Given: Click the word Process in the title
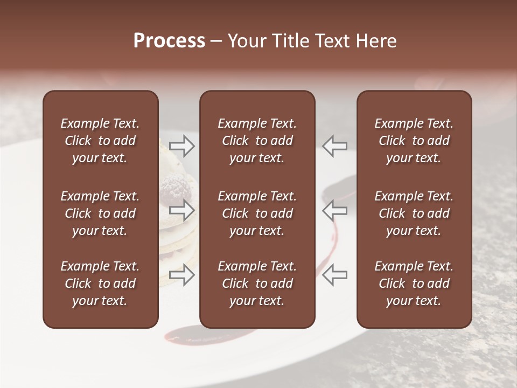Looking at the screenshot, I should (x=169, y=41).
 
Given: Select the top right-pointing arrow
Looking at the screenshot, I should (x=182, y=146).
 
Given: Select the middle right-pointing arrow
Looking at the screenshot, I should (x=182, y=209).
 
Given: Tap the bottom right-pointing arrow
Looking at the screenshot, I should (x=182, y=274).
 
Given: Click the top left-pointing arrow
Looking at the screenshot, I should (x=335, y=146).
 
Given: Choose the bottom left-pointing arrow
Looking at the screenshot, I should (x=335, y=274).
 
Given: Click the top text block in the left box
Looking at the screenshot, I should (x=100, y=141).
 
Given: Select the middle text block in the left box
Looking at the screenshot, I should (x=100, y=213).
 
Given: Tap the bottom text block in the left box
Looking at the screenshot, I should (x=100, y=283).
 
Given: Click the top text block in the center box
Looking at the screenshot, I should (x=257, y=141).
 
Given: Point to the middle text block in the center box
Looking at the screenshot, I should (x=257, y=213).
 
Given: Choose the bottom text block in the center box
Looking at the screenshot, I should (x=257, y=283).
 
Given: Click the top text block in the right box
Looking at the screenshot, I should (x=414, y=141).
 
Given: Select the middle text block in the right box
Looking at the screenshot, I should (x=414, y=213).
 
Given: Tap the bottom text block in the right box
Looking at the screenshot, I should (x=414, y=283).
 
